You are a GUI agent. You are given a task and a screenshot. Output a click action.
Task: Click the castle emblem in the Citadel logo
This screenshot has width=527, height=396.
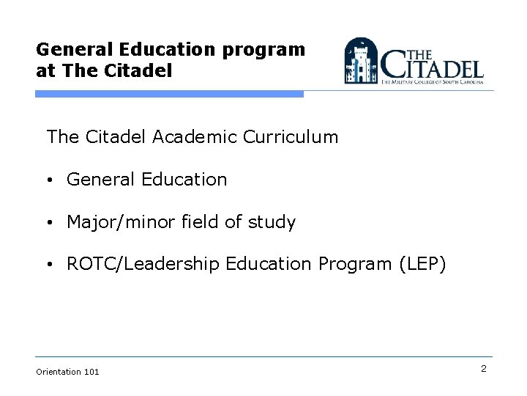tap(360, 61)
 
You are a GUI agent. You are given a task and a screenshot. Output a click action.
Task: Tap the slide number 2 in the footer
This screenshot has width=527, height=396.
tap(484, 369)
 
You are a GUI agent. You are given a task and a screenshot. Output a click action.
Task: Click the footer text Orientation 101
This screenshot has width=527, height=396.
tap(67, 372)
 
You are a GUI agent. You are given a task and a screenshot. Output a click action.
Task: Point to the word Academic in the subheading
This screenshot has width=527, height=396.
tap(196, 137)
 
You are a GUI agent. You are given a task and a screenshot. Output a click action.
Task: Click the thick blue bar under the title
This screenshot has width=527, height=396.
tap(169, 94)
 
